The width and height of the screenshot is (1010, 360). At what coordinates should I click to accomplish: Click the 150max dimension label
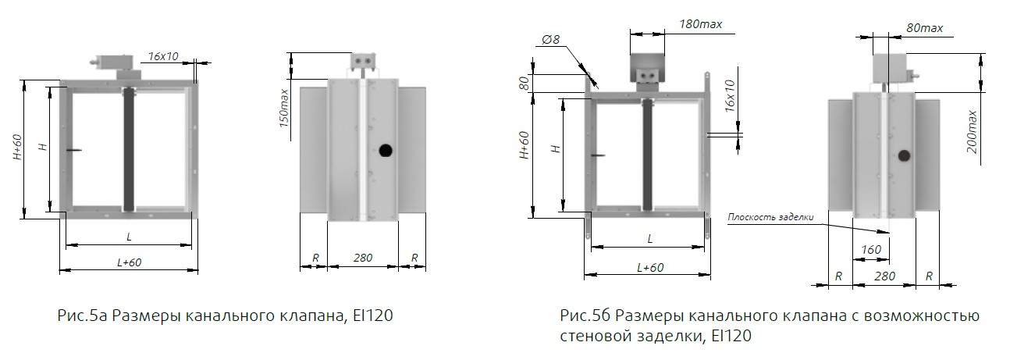285,108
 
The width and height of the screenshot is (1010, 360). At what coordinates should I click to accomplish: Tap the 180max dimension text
699,23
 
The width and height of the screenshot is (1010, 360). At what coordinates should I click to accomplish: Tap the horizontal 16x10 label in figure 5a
162,56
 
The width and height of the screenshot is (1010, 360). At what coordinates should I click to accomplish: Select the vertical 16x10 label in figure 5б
730,94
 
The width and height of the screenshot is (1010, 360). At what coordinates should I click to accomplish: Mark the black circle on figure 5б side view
904,156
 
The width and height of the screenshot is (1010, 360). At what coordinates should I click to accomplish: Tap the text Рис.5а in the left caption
80,316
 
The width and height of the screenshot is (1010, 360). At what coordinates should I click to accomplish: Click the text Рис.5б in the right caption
583,316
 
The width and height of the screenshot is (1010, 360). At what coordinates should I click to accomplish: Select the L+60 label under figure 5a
129,262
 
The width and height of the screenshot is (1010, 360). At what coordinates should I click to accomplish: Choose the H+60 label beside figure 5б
524,144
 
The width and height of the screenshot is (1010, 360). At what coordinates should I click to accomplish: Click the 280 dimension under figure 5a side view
362,257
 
